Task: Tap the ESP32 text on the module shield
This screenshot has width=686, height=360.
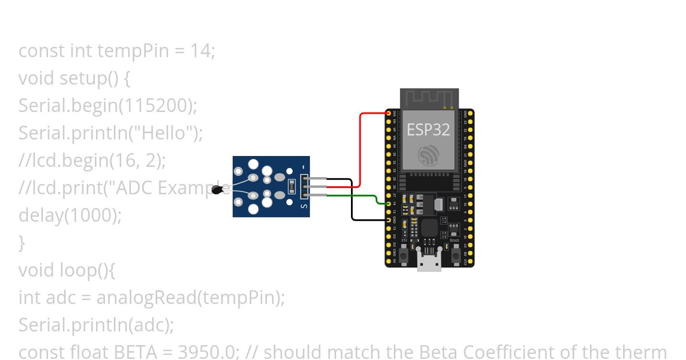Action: tap(428, 129)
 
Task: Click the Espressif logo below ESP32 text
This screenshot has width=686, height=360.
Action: tap(428, 155)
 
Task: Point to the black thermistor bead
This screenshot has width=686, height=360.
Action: tap(217, 190)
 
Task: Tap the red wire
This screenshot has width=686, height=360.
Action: tap(360, 149)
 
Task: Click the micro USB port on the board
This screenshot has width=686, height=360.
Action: tap(429, 264)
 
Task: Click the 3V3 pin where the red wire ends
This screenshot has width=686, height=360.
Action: tap(389, 114)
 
